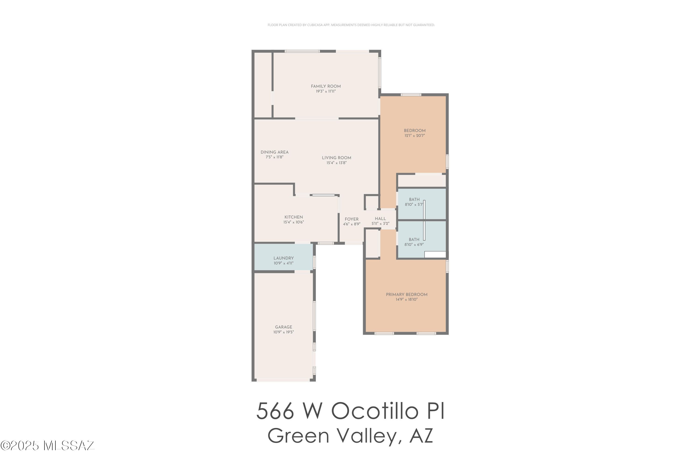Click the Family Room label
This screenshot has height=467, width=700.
(x=326, y=86)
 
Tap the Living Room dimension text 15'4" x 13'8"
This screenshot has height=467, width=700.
(x=336, y=163)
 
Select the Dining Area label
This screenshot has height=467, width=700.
(x=274, y=152)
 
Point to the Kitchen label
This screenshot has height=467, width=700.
(x=294, y=217)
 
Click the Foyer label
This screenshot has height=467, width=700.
(x=352, y=219)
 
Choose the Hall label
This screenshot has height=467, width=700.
(x=380, y=219)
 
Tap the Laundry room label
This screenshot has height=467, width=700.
(x=283, y=258)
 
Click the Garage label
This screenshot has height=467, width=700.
(x=283, y=327)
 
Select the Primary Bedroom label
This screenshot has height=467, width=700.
(x=407, y=294)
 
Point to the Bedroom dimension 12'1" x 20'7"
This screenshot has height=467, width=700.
(x=415, y=135)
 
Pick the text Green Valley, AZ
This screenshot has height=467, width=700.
(x=350, y=436)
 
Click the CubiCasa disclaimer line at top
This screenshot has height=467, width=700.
(x=351, y=25)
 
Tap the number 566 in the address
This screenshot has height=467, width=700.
(x=275, y=411)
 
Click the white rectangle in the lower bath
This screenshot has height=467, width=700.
(x=435, y=255)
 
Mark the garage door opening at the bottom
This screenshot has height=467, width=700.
(x=283, y=380)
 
